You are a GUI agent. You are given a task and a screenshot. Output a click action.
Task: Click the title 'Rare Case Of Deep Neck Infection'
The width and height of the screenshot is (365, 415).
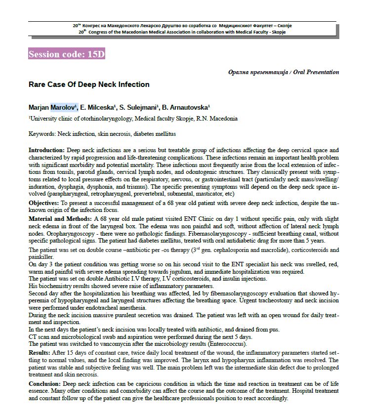click(89, 84)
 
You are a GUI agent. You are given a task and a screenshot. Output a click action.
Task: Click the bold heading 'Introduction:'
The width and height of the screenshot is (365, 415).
click(46, 150)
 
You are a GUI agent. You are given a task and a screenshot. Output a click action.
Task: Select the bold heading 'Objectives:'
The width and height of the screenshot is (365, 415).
click(45, 203)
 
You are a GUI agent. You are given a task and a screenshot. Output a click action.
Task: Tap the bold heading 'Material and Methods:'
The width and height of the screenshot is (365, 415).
click(59, 218)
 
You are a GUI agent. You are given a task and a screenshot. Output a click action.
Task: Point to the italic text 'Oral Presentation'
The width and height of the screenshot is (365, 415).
click(316, 72)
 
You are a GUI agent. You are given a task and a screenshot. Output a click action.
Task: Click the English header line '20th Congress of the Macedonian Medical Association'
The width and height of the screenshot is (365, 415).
click(182, 32)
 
